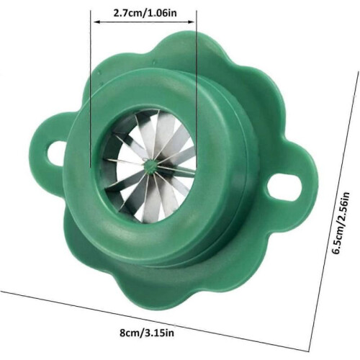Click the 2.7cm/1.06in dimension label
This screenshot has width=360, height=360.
tap(145, 12)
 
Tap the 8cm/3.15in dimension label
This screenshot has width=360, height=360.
tap(147, 333)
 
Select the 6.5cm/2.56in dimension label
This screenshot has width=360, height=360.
tap(341, 223)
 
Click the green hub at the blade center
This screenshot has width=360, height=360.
tap(150, 166)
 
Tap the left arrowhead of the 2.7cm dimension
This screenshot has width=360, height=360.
tap(96, 22)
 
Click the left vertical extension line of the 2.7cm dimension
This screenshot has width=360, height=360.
tap(91, 89)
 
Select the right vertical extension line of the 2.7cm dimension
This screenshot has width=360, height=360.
tap(197, 89)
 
